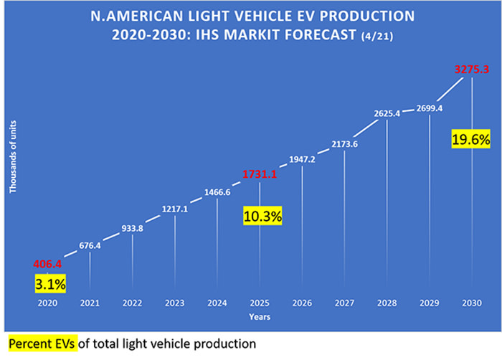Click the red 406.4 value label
point(47,264)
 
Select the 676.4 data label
point(90,245)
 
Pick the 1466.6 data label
point(217,192)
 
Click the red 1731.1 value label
point(260,174)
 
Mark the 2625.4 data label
point(387,113)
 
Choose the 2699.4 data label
point(430,108)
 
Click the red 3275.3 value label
point(471,70)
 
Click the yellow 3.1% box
point(50,285)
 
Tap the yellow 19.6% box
point(471,138)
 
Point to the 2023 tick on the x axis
point(175,302)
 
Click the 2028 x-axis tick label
point(387,302)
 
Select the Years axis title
point(259,316)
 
